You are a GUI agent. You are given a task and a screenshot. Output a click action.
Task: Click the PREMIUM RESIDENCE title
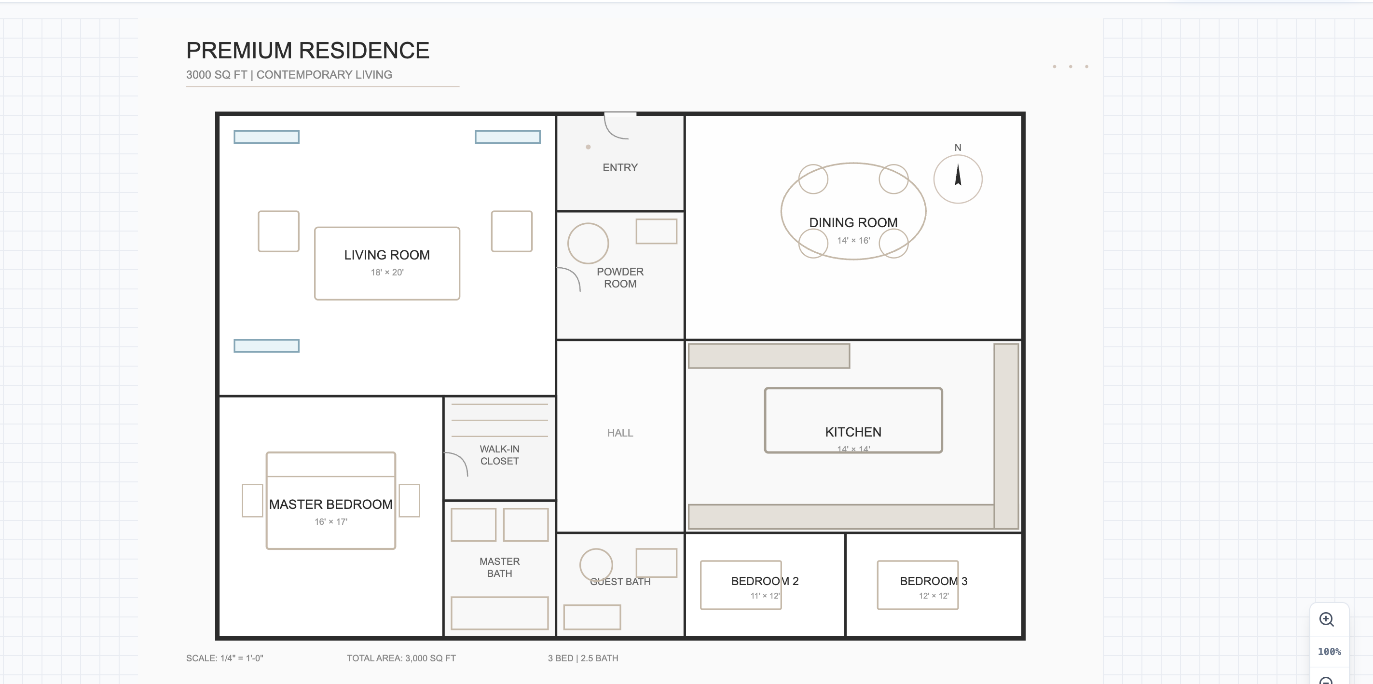(307, 51)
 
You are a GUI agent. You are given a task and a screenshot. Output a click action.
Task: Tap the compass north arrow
(958, 176)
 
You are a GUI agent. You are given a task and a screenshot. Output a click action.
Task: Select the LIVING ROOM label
(387, 255)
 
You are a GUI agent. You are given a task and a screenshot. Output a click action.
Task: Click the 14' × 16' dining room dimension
(853, 240)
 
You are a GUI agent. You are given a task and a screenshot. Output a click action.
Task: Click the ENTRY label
(620, 167)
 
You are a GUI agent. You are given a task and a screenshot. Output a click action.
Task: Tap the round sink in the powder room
(588, 243)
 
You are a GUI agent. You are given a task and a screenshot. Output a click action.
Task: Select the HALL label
(620, 433)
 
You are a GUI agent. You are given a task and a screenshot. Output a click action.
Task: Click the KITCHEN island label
(853, 432)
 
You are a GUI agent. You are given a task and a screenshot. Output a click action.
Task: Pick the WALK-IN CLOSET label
(499, 455)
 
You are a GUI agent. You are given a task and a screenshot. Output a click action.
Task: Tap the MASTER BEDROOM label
(330, 505)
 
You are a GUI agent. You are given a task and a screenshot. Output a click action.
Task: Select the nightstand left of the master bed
(252, 500)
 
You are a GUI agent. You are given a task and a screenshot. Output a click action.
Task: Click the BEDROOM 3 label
(934, 581)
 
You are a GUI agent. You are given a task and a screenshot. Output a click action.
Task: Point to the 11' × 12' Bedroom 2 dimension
(765, 596)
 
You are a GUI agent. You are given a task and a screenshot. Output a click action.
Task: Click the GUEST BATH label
(620, 582)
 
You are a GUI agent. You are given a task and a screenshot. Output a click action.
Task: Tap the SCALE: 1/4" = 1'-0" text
(224, 658)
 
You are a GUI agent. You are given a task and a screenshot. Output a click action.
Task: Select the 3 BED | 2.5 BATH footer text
(583, 658)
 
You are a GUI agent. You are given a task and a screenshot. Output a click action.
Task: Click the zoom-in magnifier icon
(1326, 619)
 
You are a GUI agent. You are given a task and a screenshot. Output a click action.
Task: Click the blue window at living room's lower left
(266, 346)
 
